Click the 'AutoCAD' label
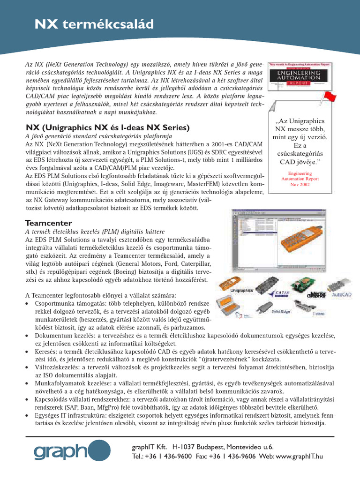342,295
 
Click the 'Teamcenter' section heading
49,223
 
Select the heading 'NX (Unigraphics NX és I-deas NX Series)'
107,127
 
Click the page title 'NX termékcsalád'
94,24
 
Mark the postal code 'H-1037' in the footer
184,447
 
